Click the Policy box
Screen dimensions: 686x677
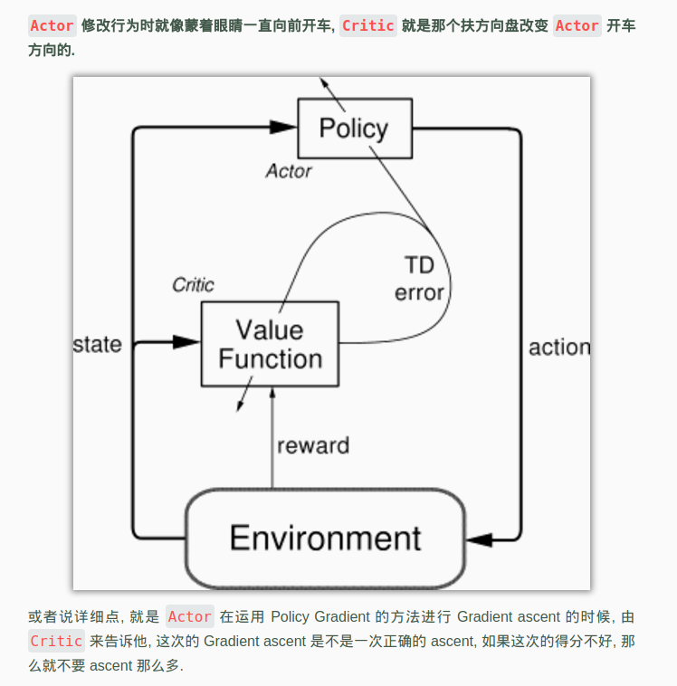tap(354, 129)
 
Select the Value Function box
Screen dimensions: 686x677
tap(270, 344)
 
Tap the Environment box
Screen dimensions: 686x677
tap(325, 538)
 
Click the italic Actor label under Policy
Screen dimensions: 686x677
tap(289, 171)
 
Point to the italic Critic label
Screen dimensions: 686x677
tap(193, 285)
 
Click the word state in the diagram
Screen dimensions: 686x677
tap(97, 345)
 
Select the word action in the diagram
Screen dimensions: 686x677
tap(558, 348)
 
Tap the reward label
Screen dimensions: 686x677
tap(312, 445)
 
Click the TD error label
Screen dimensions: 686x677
tap(419, 279)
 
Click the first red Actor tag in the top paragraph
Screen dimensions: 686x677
tap(52, 25)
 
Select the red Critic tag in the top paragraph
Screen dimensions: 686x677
tap(367, 25)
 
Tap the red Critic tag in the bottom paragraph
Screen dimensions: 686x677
tap(56, 641)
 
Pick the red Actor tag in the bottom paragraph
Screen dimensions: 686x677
tap(189, 617)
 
